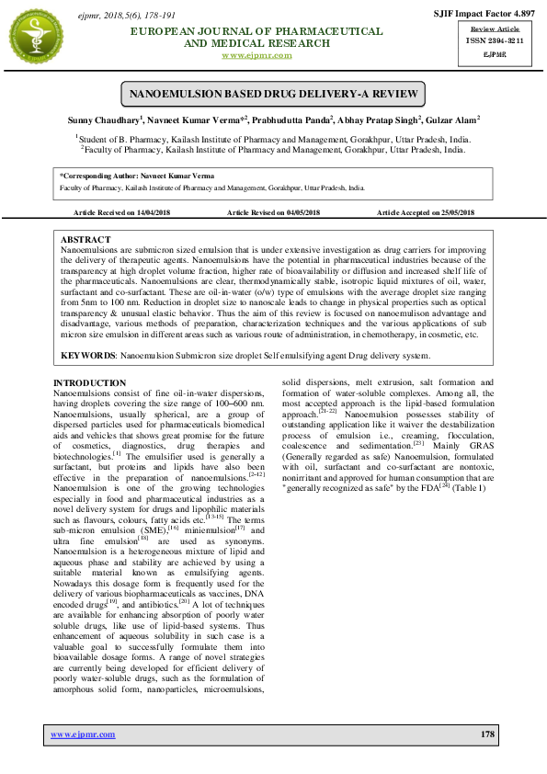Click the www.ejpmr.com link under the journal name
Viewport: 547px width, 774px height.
[257, 55]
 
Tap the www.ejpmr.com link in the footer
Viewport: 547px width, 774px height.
[83, 734]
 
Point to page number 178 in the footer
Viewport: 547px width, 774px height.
[487, 734]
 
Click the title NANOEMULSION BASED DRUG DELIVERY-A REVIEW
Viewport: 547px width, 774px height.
[273, 95]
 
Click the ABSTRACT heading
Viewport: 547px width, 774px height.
[85, 238]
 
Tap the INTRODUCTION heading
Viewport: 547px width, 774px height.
[89, 382]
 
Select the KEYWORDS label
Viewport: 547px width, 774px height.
[88, 355]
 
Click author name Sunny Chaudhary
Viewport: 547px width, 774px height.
[108, 120]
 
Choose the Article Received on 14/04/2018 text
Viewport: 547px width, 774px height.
[122, 212]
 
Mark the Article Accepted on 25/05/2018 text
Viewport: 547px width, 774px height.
[426, 212]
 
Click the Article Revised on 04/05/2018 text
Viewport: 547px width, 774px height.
[273, 212]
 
